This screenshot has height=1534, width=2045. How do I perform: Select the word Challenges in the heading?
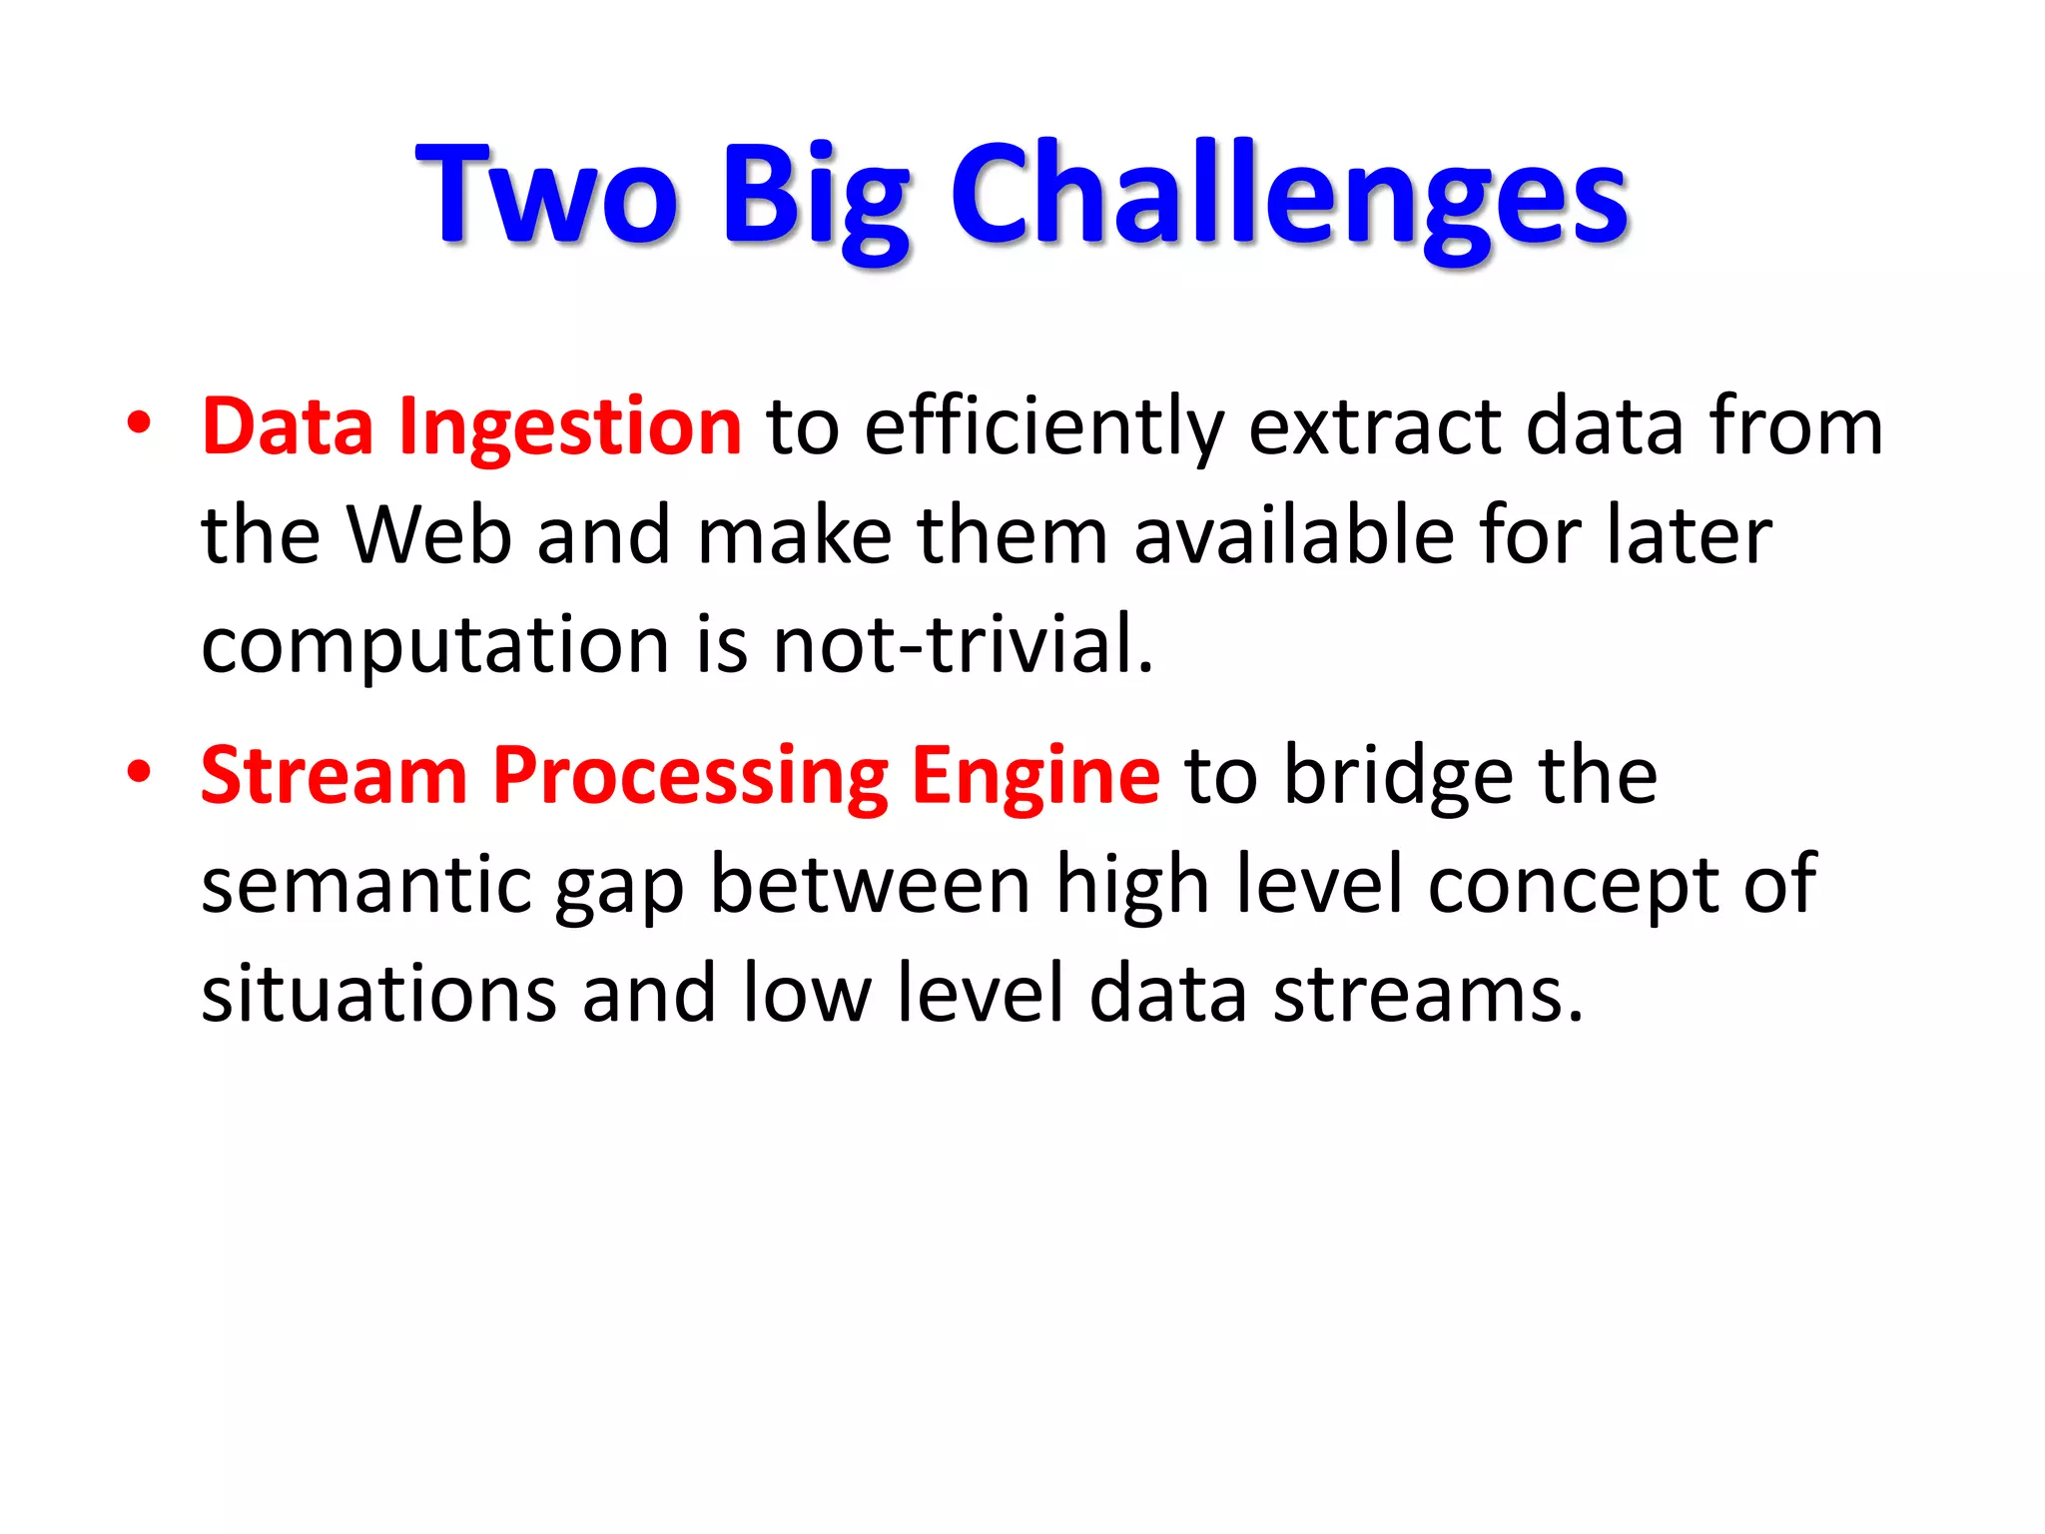pos(1288,195)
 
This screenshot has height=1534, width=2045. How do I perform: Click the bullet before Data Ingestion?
pos(139,423)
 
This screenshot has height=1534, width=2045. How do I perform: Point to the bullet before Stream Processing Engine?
pos(139,772)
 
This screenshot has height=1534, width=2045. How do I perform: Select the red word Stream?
pos(335,776)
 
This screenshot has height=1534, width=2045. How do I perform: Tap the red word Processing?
pos(690,779)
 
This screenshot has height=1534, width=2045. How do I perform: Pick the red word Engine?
pos(1035,779)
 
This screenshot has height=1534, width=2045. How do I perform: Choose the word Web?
pos(429,536)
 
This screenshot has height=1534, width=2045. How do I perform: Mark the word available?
pos(1294,536)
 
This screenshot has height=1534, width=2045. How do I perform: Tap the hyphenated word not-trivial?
pos(964,645)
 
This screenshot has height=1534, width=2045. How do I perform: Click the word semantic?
pos(365,886)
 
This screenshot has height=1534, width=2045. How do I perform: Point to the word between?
pos(870,886)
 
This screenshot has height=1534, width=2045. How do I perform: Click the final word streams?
pos(1428,996)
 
